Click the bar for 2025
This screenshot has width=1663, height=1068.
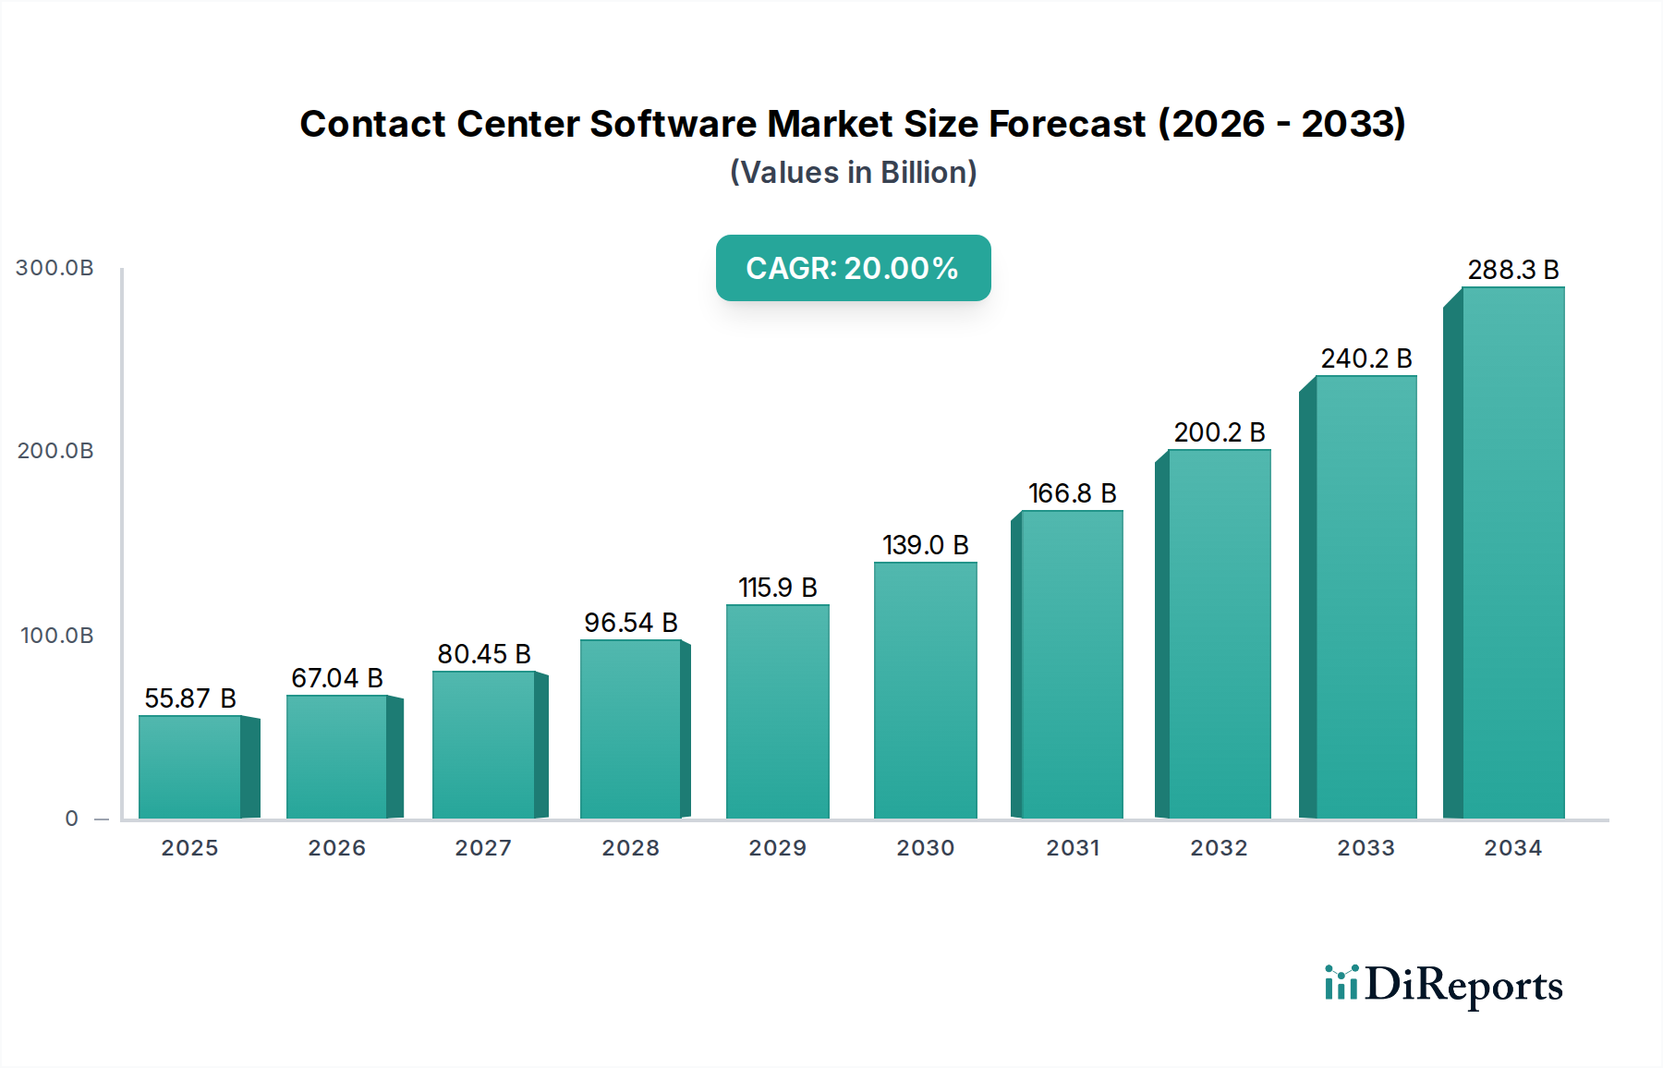point(190,767)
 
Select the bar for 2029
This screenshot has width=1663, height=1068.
point(777,711)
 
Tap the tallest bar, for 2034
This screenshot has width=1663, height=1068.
point(1512,554)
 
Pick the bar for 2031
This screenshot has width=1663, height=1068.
point(1072,665)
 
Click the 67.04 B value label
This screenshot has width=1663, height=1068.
point(337,678)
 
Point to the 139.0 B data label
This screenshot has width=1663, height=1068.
point(925,545)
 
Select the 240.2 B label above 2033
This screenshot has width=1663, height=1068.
point(1366,358)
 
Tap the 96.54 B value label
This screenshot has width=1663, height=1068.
point(631,623)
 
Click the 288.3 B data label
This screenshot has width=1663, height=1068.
point(1512,270)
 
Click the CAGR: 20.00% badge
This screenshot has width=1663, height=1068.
point(853,268)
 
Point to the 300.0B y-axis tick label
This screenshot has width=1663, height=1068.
point(55,268)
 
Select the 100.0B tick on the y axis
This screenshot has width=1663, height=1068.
point(56,636)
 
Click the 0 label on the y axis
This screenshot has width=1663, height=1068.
point(71,819)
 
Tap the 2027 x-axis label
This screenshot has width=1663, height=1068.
point(483,848)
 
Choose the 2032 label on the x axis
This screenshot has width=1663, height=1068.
point(1219,848)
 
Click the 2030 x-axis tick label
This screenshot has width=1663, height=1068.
point(925,848)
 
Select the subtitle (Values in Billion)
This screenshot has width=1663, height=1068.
point(853,173)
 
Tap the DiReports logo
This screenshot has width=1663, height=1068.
point(1443,985)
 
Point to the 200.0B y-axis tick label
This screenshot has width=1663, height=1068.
point(55,451)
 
